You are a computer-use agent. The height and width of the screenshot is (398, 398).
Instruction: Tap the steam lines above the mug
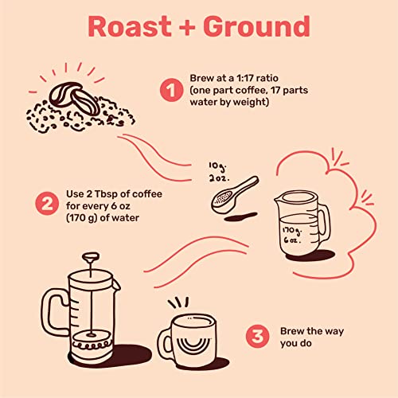[x=180, y=303]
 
